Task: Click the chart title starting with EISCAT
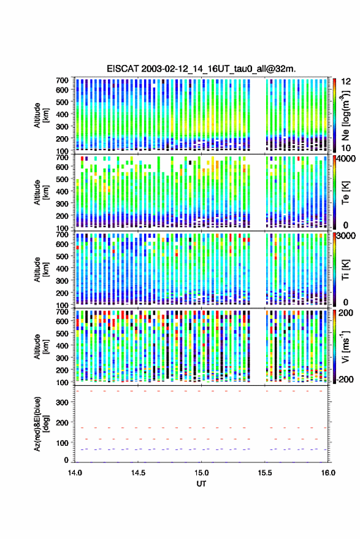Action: tap(201, 69)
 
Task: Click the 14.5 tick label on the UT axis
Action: tap(138, 473)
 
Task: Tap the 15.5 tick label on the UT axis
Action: tap(265, 473)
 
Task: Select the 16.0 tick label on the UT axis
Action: tap(328, 473)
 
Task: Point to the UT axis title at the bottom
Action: tap(201, 484)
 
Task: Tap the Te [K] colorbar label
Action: tap(345, 193)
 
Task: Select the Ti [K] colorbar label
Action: tap(345, 270)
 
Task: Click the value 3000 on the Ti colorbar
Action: tap(347, 236)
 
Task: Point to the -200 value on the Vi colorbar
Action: tap(345, 380)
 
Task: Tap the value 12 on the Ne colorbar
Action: tap(347, 82)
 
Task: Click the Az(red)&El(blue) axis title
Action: tap(41, 424)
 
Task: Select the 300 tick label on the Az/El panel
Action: tap(63, 402)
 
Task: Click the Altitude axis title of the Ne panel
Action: tap(41, 115)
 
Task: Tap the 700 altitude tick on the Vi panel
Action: tap(63, 312)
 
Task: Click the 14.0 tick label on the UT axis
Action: tap(75, 473)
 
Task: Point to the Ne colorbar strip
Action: tap(335, 115)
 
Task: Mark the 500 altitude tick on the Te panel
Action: tap(63, 179)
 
